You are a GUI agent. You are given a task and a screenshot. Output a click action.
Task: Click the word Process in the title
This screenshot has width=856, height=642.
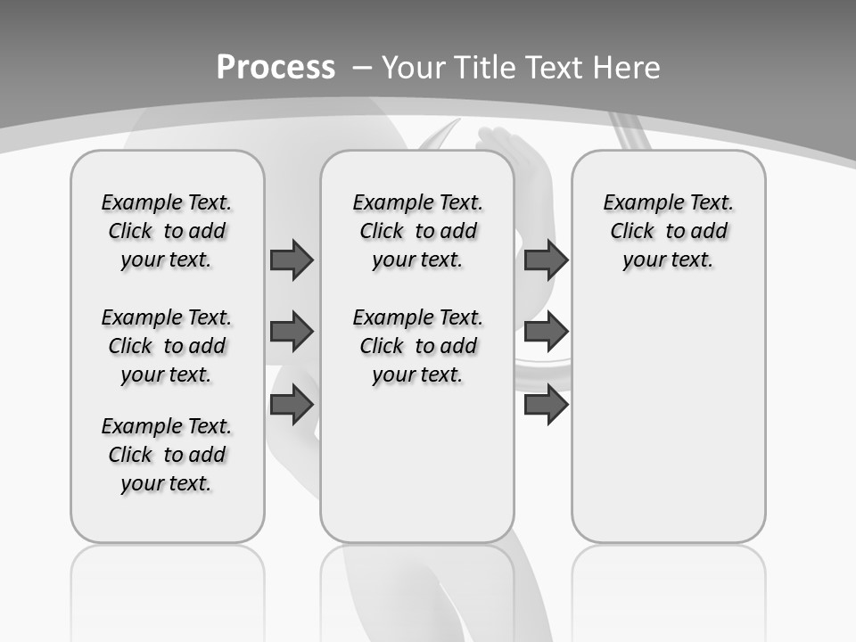tap(276, 68)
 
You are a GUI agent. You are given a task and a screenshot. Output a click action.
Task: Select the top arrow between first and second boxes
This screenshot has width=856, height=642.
tap(292, 259)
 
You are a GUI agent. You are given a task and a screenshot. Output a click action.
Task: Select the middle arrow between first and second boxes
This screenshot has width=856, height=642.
tap(292, 332)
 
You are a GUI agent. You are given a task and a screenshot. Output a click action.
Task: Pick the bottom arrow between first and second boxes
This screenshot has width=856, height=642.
tap(292, 404)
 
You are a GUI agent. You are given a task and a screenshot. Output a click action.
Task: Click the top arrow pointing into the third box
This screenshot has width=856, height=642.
tap(546, 259)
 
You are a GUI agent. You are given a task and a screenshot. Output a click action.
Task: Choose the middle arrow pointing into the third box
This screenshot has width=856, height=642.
tap(546, 332)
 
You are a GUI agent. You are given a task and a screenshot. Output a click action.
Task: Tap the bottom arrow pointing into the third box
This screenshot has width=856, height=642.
tap(546, 405)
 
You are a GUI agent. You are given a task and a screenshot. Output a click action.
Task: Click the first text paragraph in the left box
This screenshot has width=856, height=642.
tap(167, 231)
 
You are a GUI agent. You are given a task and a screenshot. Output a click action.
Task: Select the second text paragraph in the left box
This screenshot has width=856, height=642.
tap(167, 346)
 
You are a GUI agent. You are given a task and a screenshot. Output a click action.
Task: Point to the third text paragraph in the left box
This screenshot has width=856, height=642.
tap(167, 455)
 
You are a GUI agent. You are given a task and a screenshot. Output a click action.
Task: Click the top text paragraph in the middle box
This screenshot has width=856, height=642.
tap(417, 231)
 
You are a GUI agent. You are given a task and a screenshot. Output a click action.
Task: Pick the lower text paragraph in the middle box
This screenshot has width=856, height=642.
tap(417, 346)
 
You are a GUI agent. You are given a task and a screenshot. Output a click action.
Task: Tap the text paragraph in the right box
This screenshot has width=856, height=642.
tap(668, 231)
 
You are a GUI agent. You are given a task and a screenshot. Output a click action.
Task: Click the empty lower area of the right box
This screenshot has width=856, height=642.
tap(668, 419)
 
